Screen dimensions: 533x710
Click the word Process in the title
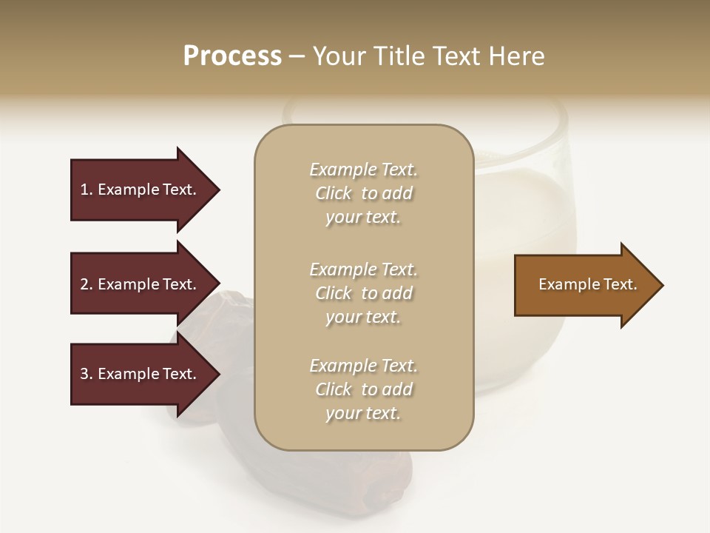pos(232,56)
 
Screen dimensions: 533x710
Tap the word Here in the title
pos(517,56)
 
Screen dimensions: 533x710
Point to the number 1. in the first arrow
pos(87,190)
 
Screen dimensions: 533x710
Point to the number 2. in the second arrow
pos(87,284)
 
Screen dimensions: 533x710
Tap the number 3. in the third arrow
pos(87,374)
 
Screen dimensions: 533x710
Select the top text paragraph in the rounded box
pos(363,193)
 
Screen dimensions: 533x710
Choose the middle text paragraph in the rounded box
pos(363,293)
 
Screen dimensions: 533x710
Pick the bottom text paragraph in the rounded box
pos(363,389)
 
